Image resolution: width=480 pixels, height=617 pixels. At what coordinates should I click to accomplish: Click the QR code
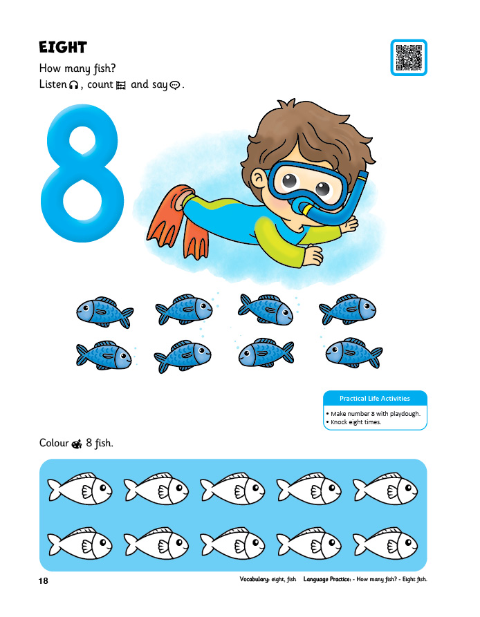(x=409, y=57)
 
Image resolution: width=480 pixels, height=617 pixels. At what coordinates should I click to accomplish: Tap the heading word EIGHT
(x=63, y=48)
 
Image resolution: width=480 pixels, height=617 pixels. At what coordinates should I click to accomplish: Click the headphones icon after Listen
(x=73, y=85)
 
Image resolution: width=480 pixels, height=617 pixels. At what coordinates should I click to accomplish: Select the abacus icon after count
(x=121, y=85)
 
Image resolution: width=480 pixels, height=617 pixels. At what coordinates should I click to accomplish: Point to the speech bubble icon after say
(x=174, y=85)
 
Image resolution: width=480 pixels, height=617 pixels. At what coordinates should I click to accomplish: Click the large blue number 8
(x=82, y=173)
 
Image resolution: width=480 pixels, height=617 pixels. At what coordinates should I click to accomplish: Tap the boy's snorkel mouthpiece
(x=304, y=208)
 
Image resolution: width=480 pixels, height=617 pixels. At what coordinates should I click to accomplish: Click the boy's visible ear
(x=258, y=180)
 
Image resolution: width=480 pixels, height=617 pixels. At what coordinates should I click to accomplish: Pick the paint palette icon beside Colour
(x=77, y=444)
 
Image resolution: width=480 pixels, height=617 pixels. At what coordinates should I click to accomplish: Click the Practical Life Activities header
(x=375, y=398)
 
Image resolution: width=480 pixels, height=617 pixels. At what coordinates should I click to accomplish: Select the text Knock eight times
(x=356, y=422)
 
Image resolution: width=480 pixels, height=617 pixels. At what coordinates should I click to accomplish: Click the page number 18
(x=44, y=581)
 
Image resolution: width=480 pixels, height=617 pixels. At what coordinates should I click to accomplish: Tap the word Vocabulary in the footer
(x=255, y=579)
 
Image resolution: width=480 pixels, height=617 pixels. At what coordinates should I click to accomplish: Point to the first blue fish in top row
(x=104, y=312)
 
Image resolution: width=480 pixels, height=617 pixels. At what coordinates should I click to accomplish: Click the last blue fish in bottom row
(x=354, y=352)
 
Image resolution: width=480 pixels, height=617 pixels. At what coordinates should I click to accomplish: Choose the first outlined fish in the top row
(x=80, y=488)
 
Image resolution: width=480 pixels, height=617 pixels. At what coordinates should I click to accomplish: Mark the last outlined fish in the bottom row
(x=385, y=544)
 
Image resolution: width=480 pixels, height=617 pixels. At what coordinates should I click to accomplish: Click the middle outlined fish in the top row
(x=232, y=488)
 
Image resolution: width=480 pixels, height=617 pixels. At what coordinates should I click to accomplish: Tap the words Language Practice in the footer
(x=327, y=579)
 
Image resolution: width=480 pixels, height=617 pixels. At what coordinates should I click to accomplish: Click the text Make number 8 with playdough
(x=376, y=414)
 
